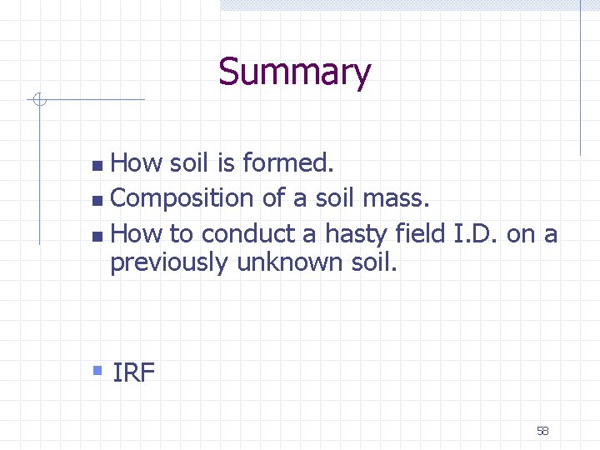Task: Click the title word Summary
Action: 294,73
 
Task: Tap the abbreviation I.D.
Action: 476,233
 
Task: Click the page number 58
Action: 542,431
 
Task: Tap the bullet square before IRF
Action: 97,368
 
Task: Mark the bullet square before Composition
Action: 97,200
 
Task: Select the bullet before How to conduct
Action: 97,236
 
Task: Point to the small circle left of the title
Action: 37,101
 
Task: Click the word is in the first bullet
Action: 225,163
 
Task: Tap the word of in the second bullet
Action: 273,198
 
